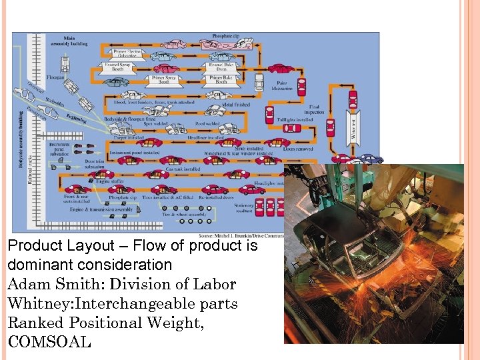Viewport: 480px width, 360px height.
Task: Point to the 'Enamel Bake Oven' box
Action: click(221, 66)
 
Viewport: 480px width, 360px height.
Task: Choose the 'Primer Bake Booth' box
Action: click(221, 79)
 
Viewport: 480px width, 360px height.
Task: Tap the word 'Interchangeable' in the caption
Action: click(135, 303)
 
